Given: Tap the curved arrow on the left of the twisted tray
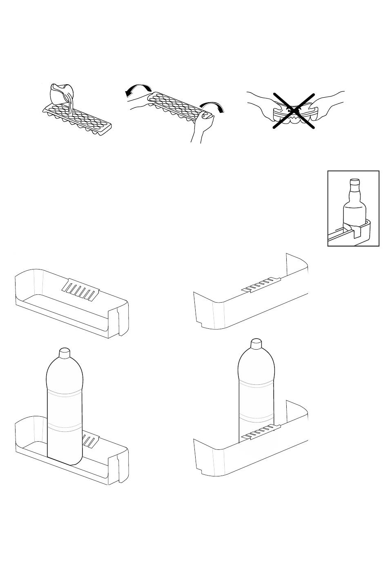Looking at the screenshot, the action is click(138, 89).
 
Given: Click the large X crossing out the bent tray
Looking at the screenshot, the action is click(294, 111).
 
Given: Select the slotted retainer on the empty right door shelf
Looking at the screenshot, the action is click(262, 285).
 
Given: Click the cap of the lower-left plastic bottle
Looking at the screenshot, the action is click(65, 352).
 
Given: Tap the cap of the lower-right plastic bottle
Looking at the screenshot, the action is click(256, 343).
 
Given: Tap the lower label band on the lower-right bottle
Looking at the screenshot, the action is click(256, 417).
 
